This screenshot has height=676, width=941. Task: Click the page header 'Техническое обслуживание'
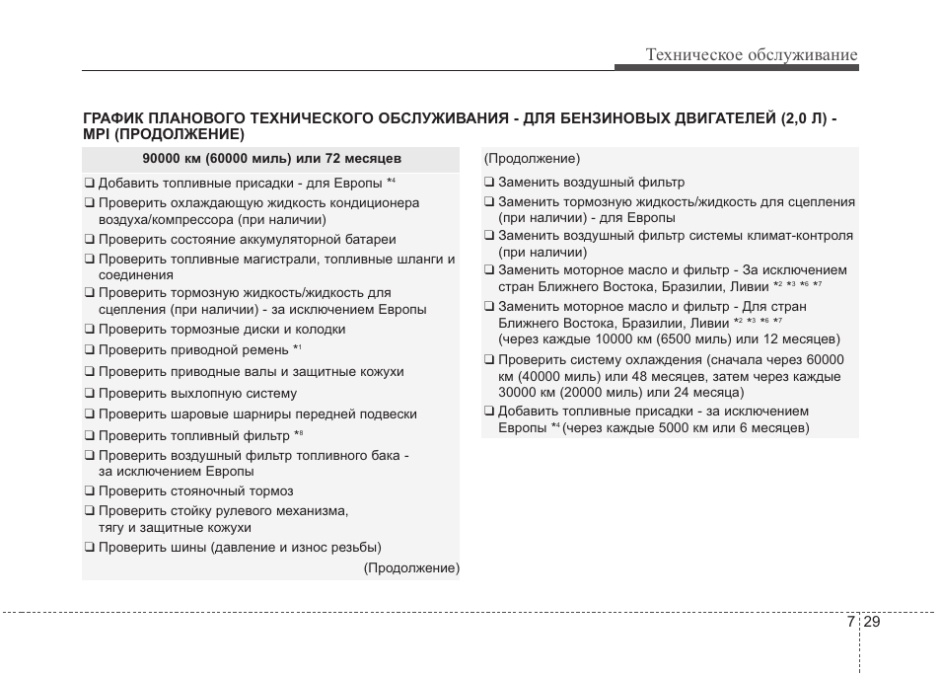click(x=752, y=55)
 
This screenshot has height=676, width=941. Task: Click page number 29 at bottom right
click(x=872, y=622)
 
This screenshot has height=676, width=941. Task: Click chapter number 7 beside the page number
click(x=850, y=622)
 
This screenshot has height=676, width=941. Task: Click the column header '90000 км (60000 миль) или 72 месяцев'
click(x=271, y=159)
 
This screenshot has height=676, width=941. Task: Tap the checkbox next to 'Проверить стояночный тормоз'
click(x=89, y=491)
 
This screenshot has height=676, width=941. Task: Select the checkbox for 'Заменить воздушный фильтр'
click(x=488, y=183)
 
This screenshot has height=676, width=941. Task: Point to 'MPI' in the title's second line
click(x=96, y=134)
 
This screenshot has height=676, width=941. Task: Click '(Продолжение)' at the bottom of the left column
click(x=411, y=568)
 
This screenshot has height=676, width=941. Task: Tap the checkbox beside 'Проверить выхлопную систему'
click(x=89, y=394)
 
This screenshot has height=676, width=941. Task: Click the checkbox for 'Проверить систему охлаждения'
click(x=488, y=360)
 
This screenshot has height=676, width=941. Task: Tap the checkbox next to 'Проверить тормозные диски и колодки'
click(x=89, y=330)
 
